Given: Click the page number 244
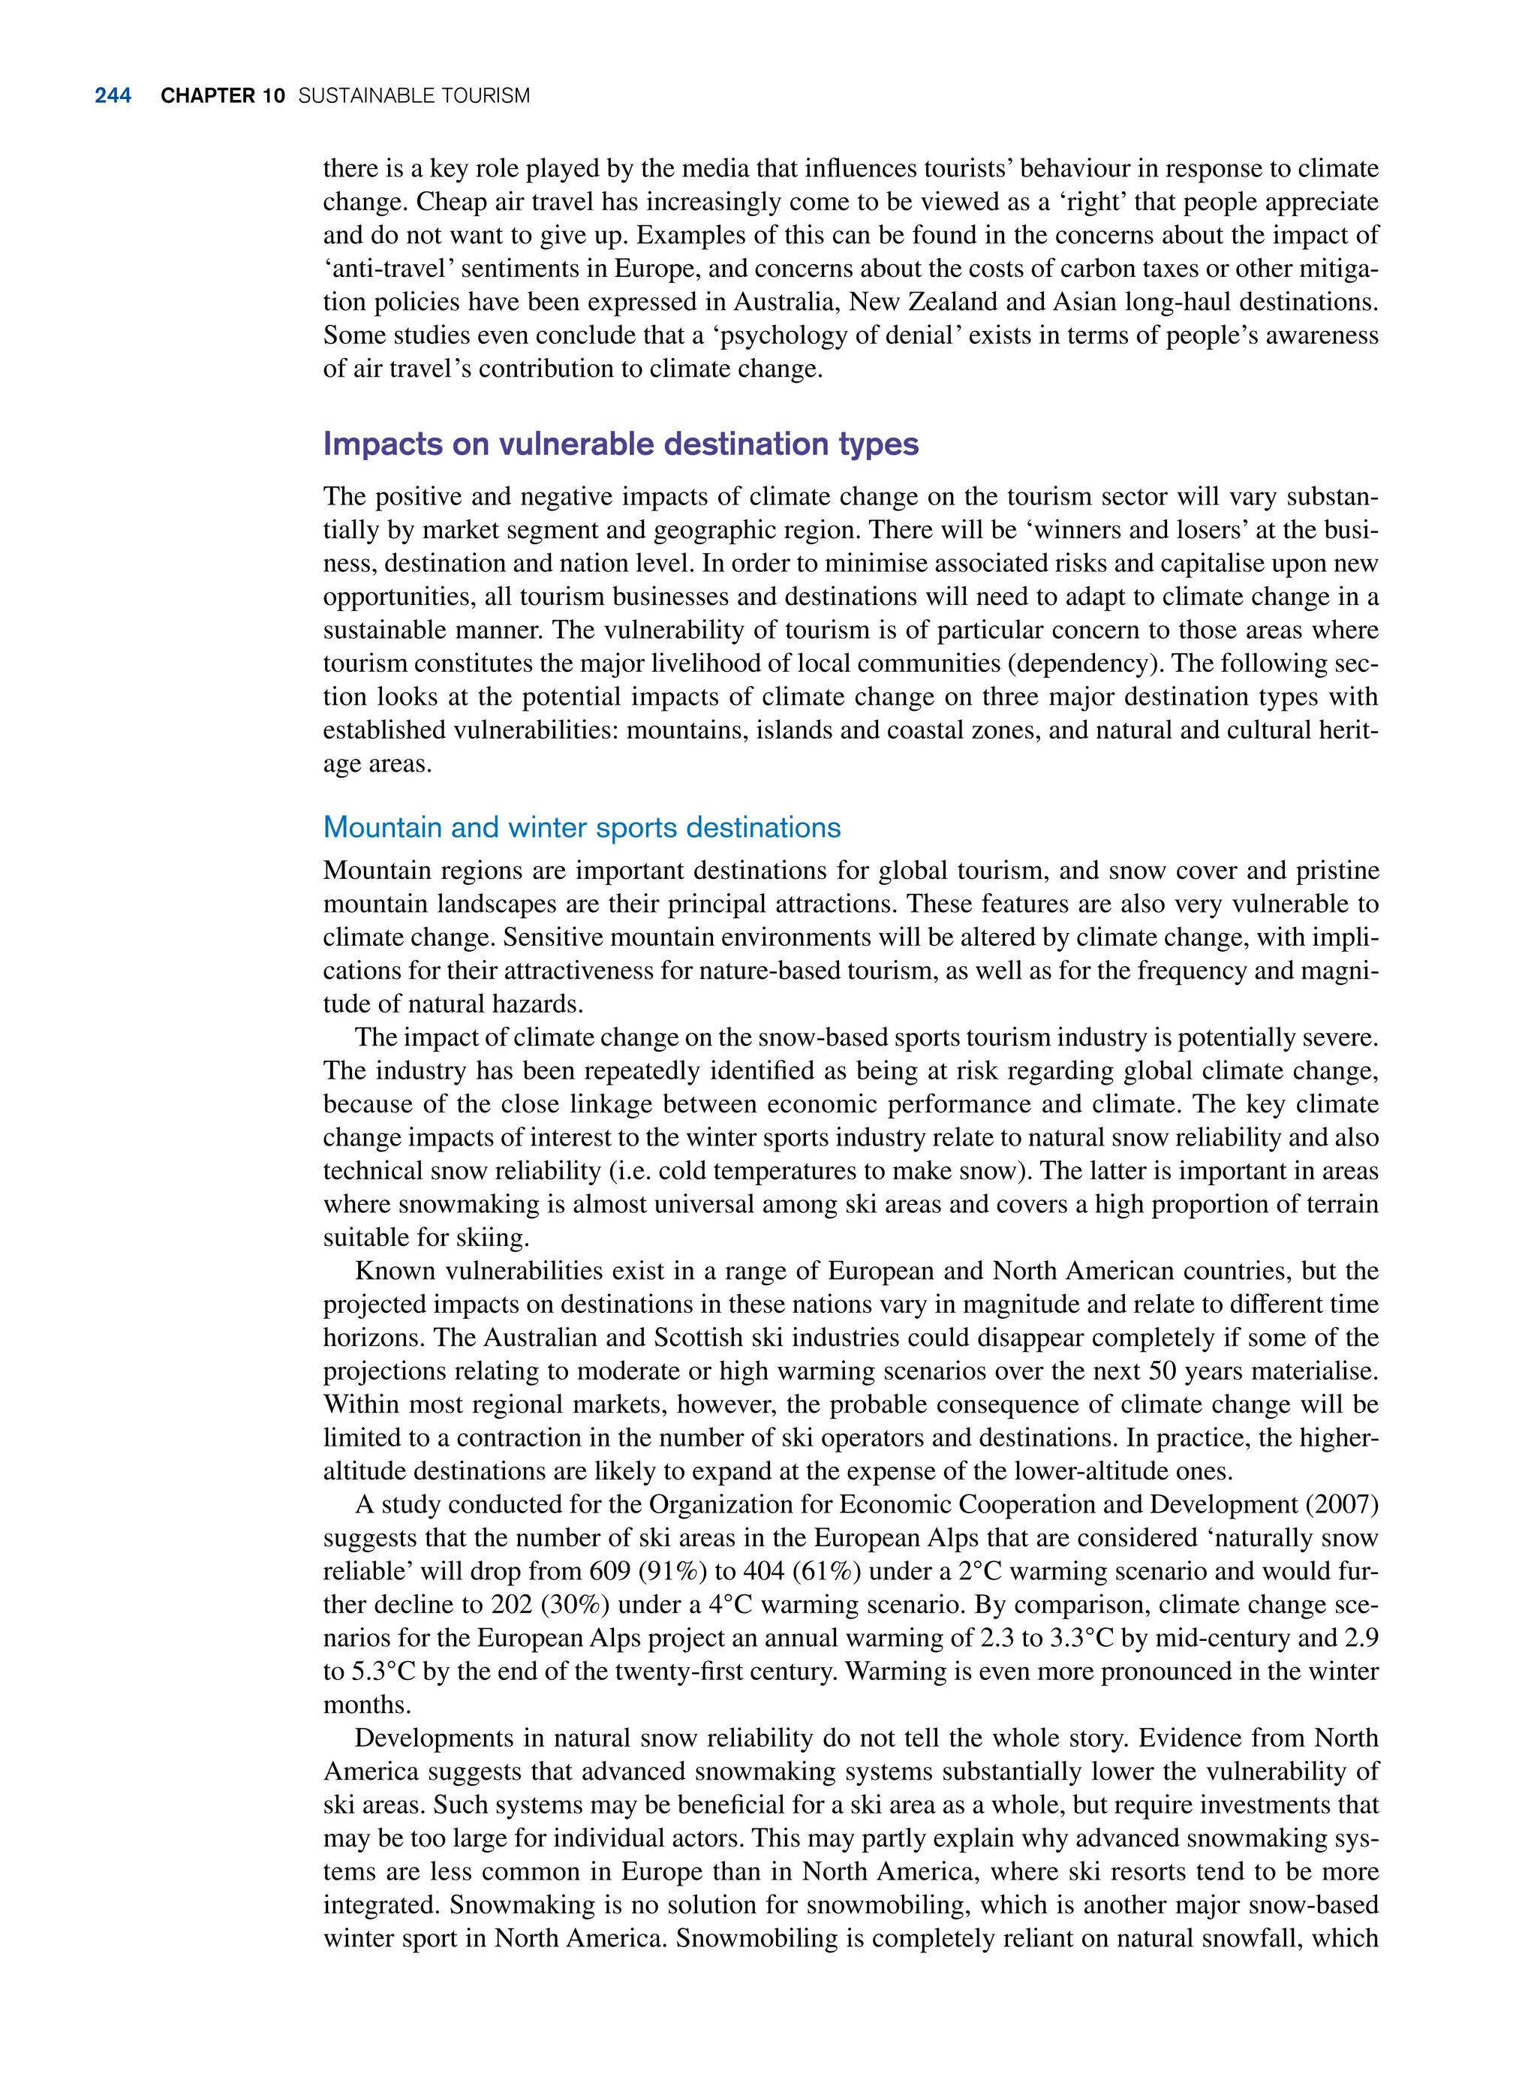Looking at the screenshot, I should pyautogui.click(x=113, y=96).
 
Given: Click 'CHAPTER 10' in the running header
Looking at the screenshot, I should pyautogui.click(x=222, y=96).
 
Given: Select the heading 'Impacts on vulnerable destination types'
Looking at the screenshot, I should pyautogui.click(x=621, y=444).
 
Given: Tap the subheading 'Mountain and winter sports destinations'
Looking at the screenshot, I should pyautogui.click(x=582, y=827).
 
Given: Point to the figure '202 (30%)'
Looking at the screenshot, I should pyautogui.click(x=539, y=1605).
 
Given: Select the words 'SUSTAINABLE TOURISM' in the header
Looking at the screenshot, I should pyautogui.click(x=414, y=96).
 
